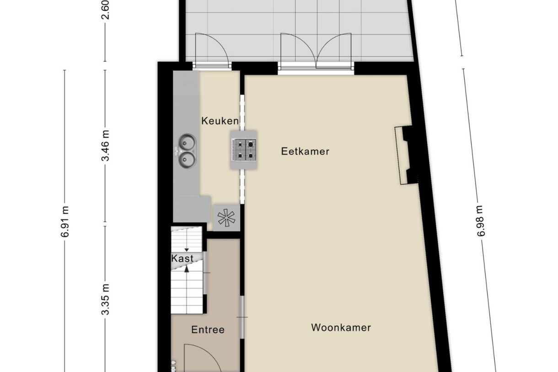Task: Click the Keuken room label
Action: pyautogui.click(x=220, y=121)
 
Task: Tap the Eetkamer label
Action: pyautogui.click(x=305, y=151)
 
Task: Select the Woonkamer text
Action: pyautogui.click(x=341, y=328)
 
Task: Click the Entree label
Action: pyautogui.click(x=208, y=329)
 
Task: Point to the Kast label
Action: pyautogui.click(x=182, y=258)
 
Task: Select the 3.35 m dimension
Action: pyautogui.click(x=106, y=300)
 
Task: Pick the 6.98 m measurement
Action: pyautogui.click(x=480, y=221)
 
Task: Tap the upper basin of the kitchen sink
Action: pyautogui.click(x=187, y=142)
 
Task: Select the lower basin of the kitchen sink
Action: pyautogui.click(x=187, y=159)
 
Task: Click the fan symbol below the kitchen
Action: pyautogui.click(x=226, y=218)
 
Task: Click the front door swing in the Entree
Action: pyautogui.click(x=201, y=359)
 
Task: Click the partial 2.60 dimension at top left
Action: pyautogui.click(x=106, y=9)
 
